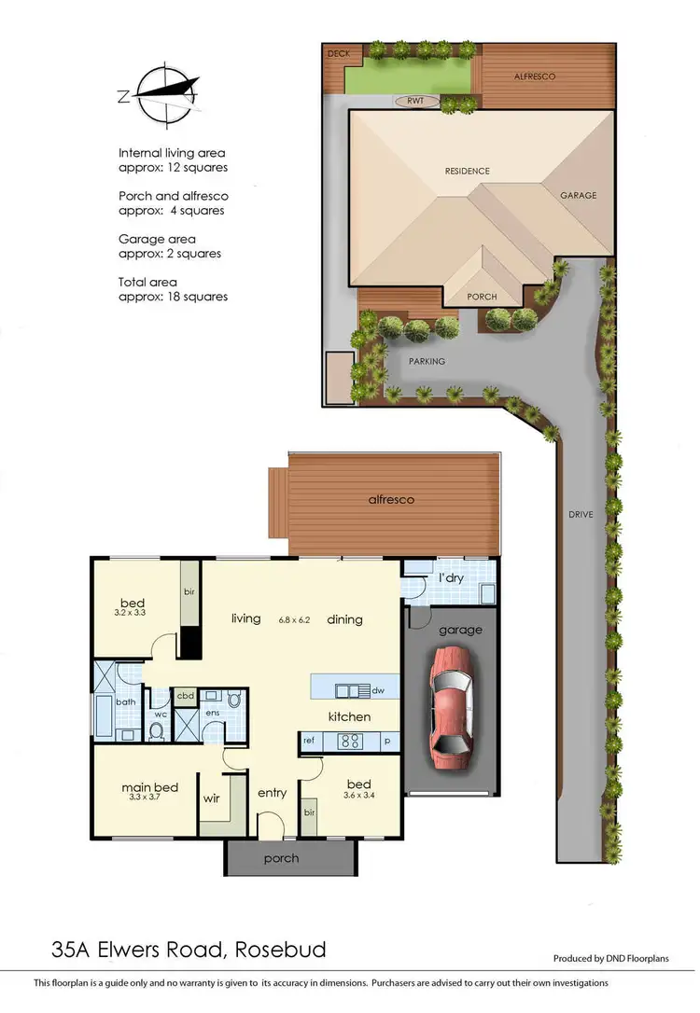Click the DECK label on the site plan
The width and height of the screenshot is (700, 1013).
point(338,54)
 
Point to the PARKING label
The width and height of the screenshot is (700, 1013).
point(426,361)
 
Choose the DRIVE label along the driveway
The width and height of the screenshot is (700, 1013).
point(581,515)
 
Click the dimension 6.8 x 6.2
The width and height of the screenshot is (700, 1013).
point(295,619)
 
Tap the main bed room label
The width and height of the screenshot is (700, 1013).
point(149,788)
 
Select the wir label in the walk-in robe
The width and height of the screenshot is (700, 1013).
point(213,798)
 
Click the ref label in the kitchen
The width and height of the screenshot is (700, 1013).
point(308,742)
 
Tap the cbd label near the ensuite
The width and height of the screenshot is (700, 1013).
point(185,695)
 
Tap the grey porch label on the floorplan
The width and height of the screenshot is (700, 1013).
point(282,858)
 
